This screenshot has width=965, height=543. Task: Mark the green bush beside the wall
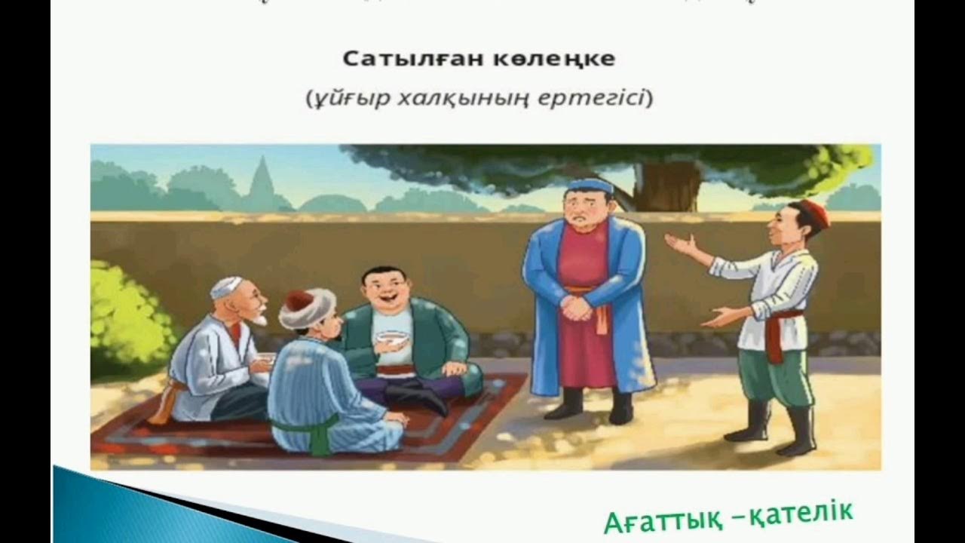124,317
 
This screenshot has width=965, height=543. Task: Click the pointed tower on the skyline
262,181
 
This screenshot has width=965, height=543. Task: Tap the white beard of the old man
259,318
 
